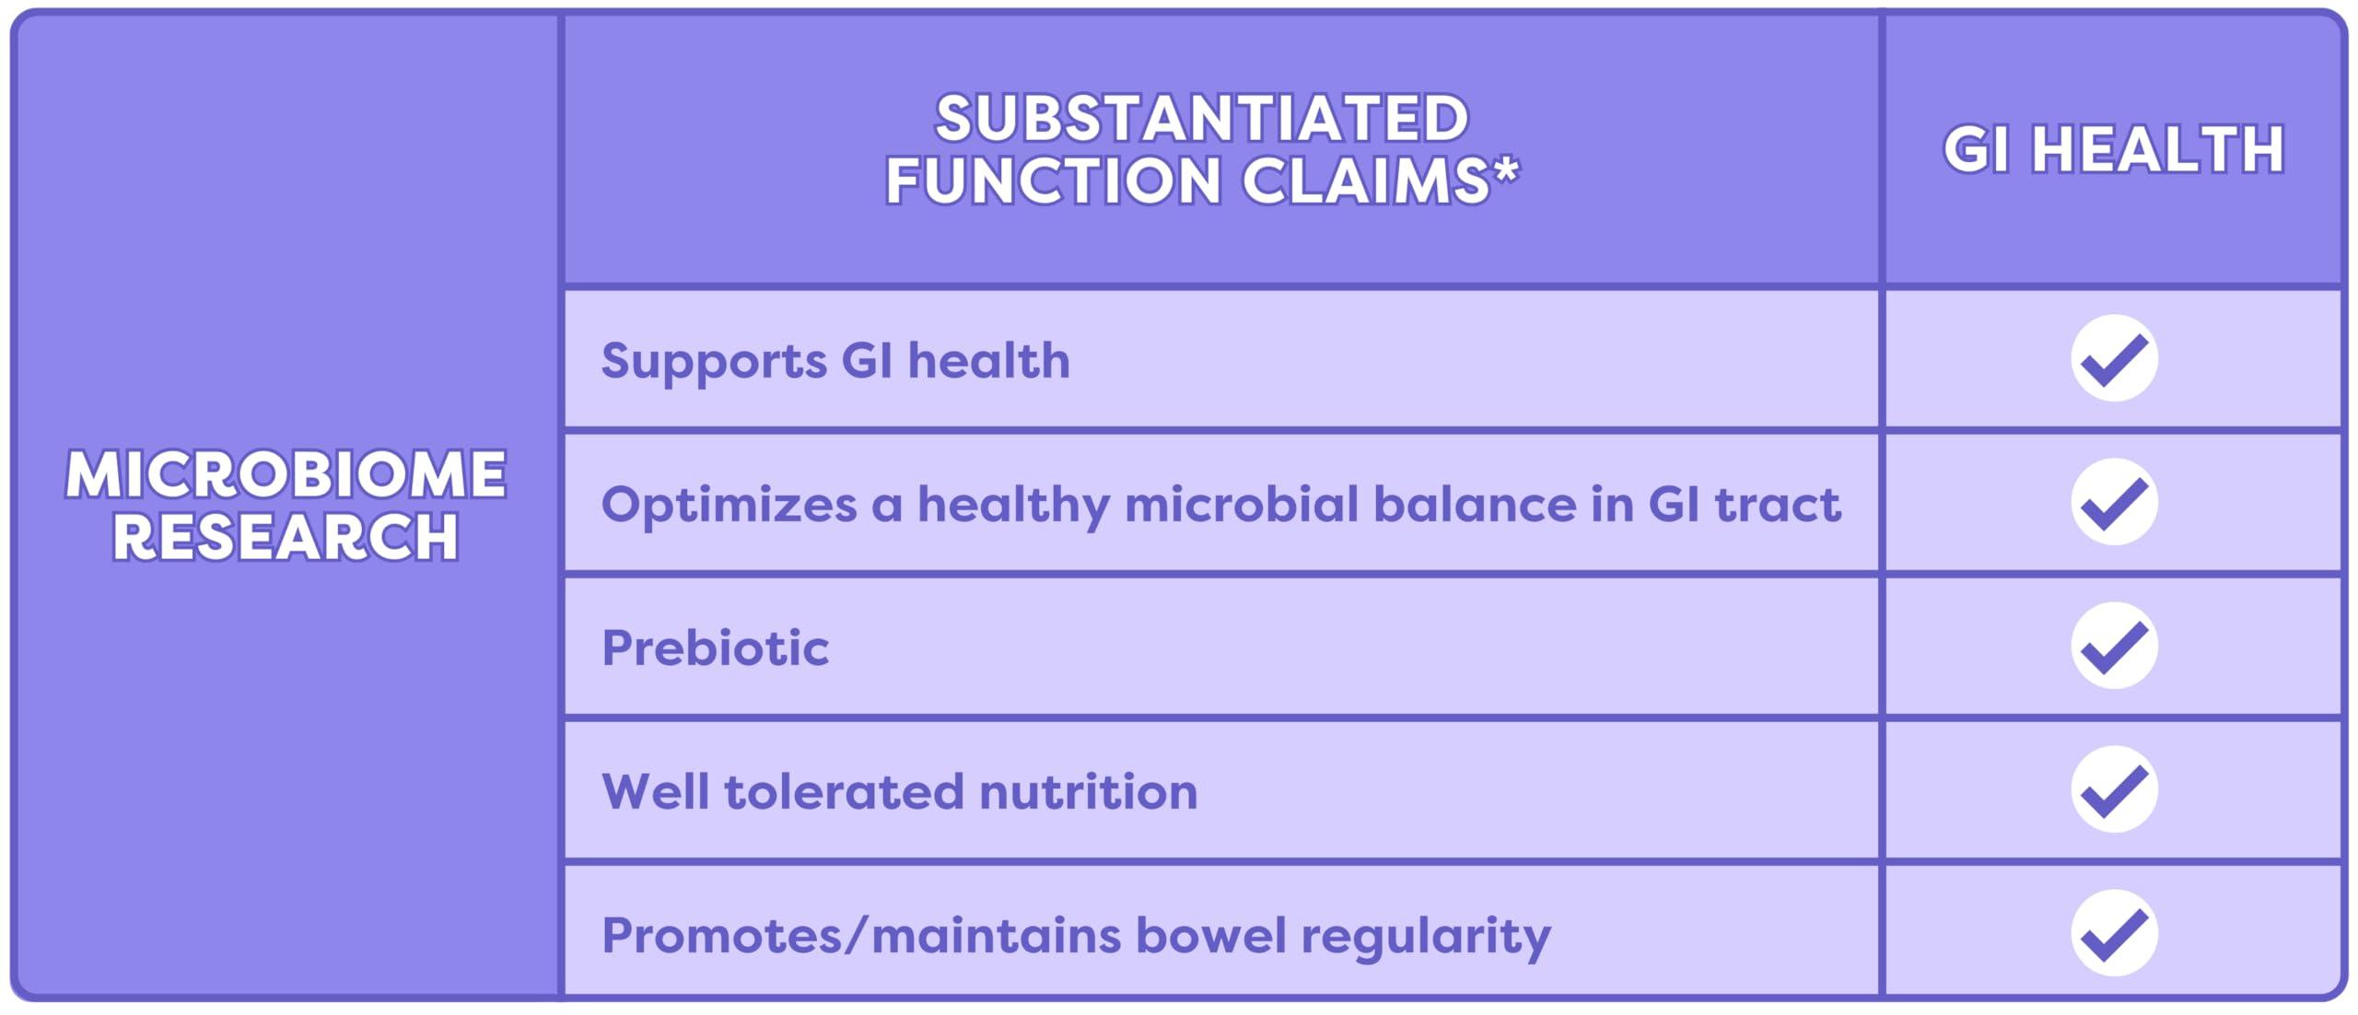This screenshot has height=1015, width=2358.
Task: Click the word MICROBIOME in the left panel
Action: click(x=286, y=475)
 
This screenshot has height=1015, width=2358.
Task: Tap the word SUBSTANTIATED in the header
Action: click(x=1201, y=119)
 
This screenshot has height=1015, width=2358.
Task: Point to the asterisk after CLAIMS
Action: click(x=1505, y=171)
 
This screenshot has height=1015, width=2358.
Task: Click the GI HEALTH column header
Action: click(x=2113, y=149)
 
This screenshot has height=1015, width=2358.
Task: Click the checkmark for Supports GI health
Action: click(x=2114, y=358)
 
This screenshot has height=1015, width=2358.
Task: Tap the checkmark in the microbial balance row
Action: click(x=2114, y=502)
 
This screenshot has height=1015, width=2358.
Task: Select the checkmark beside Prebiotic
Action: click(x=2114, y=646)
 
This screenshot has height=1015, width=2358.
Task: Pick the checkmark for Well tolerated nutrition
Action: click(x=2114, y=789)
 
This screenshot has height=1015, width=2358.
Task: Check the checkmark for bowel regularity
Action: click(x=2114, y=933)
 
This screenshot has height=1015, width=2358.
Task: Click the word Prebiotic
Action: click(x=716, y=647)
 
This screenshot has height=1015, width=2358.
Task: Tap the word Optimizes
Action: click(x=729, y=506)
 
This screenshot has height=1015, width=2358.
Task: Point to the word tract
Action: click(x=1777, y=504)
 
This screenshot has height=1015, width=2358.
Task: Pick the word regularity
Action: click(x=1426, y=937)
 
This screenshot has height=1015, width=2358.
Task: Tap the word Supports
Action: click(x=714, y=362)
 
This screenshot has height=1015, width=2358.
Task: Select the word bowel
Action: click(x=1210, y=935)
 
